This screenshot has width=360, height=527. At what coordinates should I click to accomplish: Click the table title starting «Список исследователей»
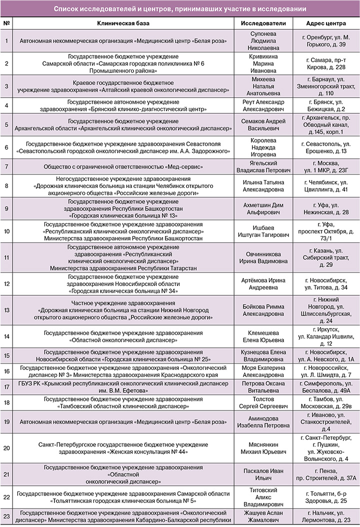[x=180, y=9]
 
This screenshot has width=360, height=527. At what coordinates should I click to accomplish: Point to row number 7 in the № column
[x=6, y=166]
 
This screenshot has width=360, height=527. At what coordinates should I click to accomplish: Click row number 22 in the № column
[x=6, y=497]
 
